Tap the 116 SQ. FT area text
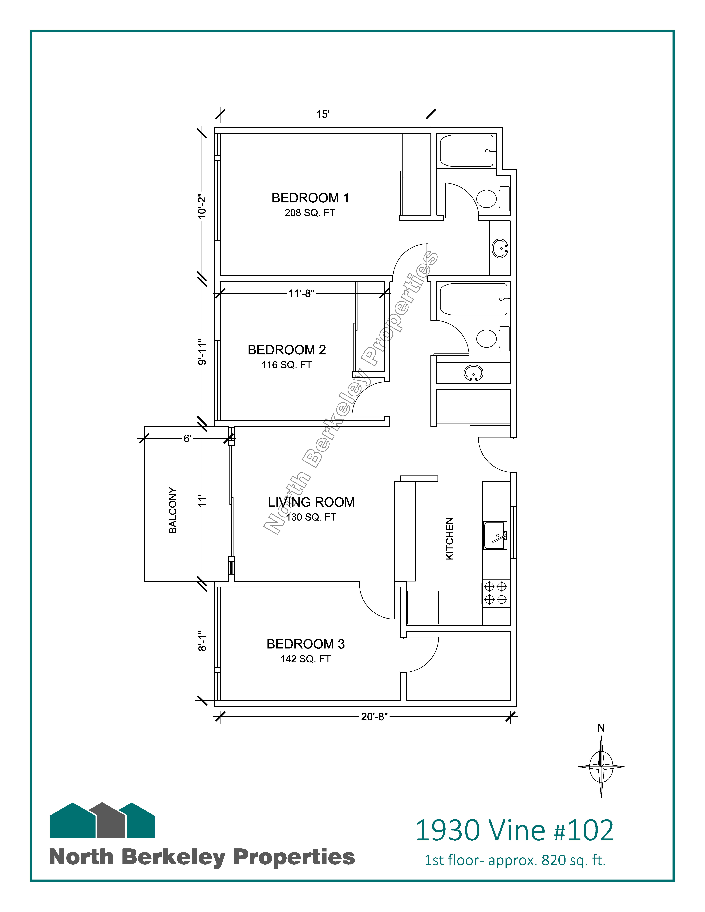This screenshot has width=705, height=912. pyautogui.click(x=287, y=365)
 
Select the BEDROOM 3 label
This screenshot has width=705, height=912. pyautogui.click(x=306, y=644)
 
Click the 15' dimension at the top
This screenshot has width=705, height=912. pyautogui.click(x=323, y=114)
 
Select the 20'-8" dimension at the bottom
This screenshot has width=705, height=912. pyautogui.click(x=374, y=717)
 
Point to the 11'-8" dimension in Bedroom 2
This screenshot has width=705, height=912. pyautogui.click(x=301, y=293)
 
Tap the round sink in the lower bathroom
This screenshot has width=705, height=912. pyautogui.click(x=474, y=373)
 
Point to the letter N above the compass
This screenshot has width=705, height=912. pyautogui.click(x=601, y=728)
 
